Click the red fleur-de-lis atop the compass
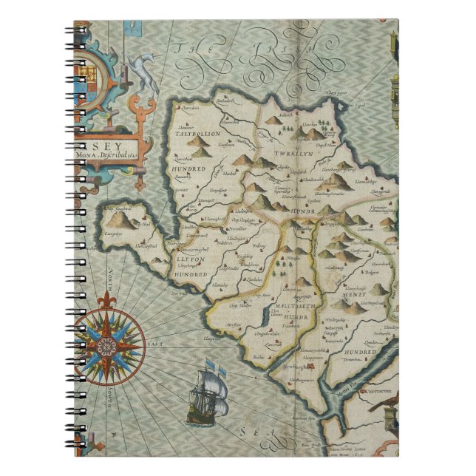pyautogui.click(x=109, y=301)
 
